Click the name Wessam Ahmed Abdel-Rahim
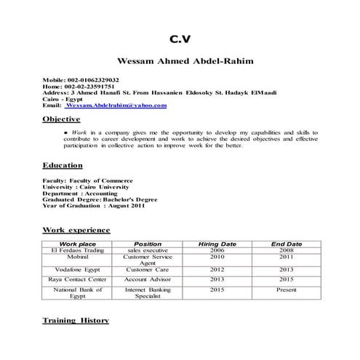click(x=180, y=61)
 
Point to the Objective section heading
click(x=61, y=119)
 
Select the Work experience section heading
click(x=76, y=230)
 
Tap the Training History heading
click(x=76, y=320)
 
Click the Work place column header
click(x=77, y=244)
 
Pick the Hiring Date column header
click(x=217, y=244)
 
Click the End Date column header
click(x=286, y=244)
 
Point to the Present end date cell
click(x=286, y=289)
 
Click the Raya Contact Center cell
click(x=77, y=279)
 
